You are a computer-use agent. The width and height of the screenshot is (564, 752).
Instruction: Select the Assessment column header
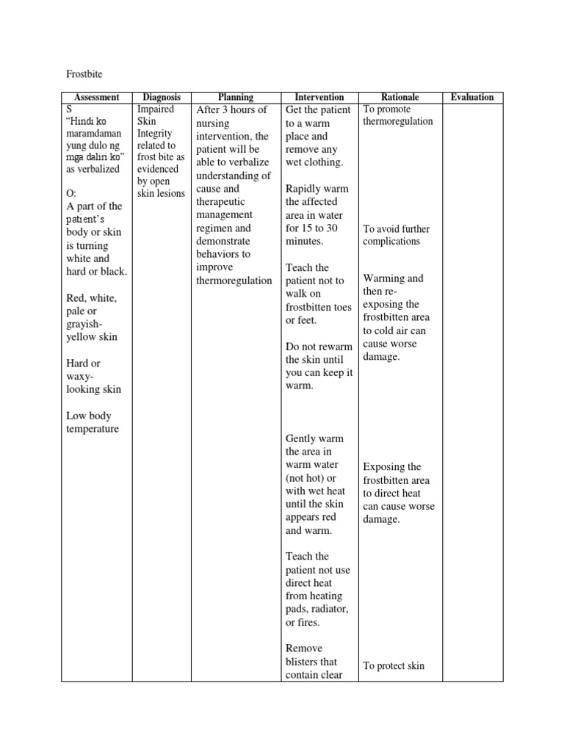click(96, 97)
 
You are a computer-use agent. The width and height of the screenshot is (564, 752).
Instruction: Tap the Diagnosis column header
click(162, 97)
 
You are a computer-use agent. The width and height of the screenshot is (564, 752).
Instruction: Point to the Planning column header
click(236, 97)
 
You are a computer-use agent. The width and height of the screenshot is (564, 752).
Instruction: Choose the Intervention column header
click(319, 97)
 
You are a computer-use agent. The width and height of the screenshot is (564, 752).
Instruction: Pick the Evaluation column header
click(472, 97)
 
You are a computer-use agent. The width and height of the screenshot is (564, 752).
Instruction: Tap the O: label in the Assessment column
click(71, 193)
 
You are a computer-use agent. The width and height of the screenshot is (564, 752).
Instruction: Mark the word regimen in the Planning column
click(216, 228)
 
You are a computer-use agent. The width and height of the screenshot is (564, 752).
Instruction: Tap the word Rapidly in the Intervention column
click(303, 189)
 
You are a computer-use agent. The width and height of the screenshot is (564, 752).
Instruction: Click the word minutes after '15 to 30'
click(304, 241)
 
